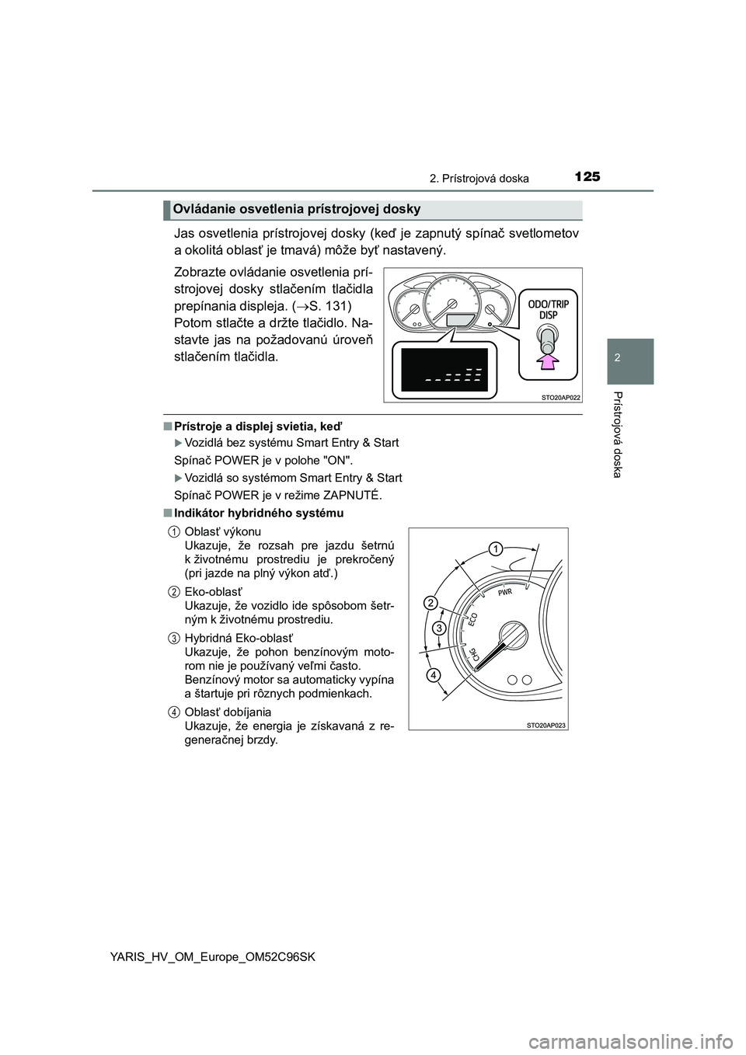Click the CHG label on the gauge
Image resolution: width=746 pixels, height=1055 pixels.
[468, 658]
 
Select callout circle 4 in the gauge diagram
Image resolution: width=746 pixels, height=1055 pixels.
[432, 676]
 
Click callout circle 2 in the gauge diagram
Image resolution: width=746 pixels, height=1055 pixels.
[430, 603]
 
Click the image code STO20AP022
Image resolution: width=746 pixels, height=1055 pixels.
[559, 397]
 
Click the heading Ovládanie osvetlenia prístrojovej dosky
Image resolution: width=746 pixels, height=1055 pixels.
[297, 209]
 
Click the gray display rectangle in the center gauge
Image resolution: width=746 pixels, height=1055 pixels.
[462, 321]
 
